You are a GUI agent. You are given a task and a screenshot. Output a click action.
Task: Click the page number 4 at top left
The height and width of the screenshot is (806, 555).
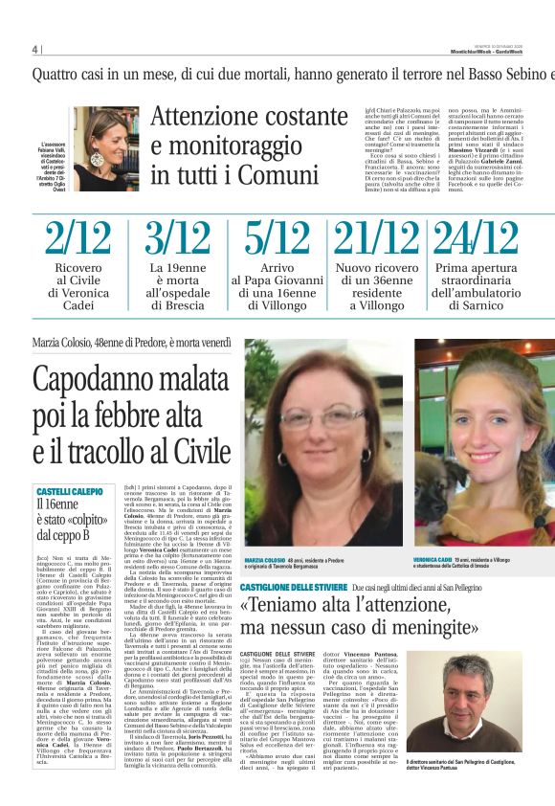[34, 50]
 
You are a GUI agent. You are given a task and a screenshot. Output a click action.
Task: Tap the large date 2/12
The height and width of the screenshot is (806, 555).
[77, 239]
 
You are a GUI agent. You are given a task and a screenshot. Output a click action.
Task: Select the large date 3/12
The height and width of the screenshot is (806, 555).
[178, 239]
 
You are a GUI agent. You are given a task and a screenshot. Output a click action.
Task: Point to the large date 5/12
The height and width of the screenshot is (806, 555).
[277, 239]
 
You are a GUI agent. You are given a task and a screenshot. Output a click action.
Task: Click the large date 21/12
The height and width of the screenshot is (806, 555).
[375, 239]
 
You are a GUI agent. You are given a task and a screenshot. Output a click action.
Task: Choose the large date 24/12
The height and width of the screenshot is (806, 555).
[475, 239]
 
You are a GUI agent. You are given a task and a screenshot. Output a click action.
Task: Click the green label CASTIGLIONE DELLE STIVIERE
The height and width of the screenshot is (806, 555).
[294, 585]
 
